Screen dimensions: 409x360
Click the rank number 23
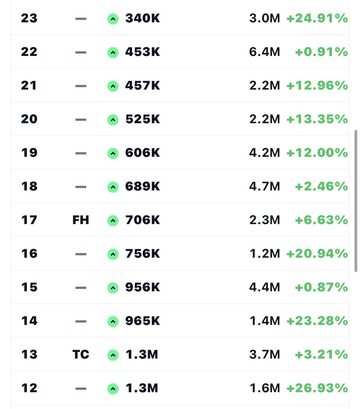click(29, 18)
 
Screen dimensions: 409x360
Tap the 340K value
click(142, 18)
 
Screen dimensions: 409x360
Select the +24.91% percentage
click(317, 18)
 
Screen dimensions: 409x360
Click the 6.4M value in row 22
click(264, 52)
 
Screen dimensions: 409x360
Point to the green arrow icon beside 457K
click(113, 86)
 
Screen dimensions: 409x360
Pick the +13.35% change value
click(317, 119)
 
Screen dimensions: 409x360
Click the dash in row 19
click(81, 153)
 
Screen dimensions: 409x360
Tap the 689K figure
click(142, 187)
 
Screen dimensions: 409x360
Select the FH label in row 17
click(81, 220)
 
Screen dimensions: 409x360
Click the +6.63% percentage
click(321, 220)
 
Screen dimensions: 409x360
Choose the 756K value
click(142, 254)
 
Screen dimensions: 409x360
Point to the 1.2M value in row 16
click(264, 254)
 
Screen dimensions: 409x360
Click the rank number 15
click(29, 287)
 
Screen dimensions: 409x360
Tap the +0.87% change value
click(321, 287)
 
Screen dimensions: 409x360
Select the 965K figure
click(142, 321)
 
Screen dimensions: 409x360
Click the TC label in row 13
click(81, 355)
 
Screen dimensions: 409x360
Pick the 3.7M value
click(264, 355)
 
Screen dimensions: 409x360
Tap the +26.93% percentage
click(317, 388)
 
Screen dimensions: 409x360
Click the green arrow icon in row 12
click(113, 389)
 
